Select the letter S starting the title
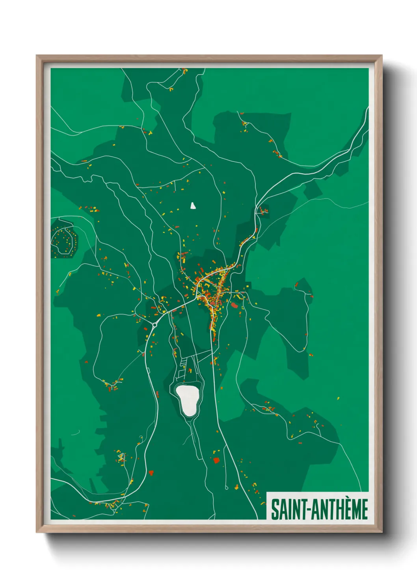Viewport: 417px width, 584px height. (x=274, y=509)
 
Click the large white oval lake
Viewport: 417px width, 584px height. (x=188, y=400)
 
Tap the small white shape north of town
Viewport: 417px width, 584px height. (x=193, y=206)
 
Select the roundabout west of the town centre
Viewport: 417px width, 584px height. (x=154, y=325)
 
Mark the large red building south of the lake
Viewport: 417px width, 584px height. (x=216, y=460)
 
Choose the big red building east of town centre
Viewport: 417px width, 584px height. (x=235, y=305)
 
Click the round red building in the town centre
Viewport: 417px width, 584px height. (x=213, y=303)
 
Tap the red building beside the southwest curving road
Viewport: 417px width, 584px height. (x=151, y=472)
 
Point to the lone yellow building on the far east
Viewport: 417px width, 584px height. (x=338, y=398)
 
